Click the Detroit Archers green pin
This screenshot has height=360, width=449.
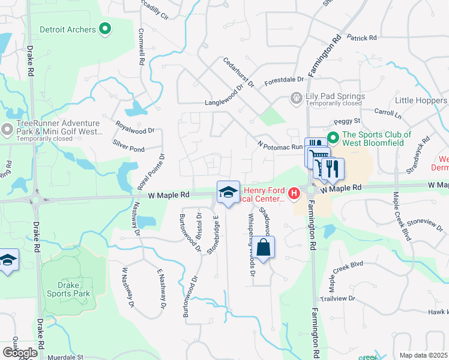(106, 29)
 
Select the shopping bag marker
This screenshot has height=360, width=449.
(263, 247)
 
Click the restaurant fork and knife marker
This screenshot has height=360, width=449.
(333, 169)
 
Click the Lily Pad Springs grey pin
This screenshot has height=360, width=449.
(295, 97)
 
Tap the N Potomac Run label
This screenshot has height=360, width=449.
(280, 145)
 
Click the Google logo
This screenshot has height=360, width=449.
(20, 352)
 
